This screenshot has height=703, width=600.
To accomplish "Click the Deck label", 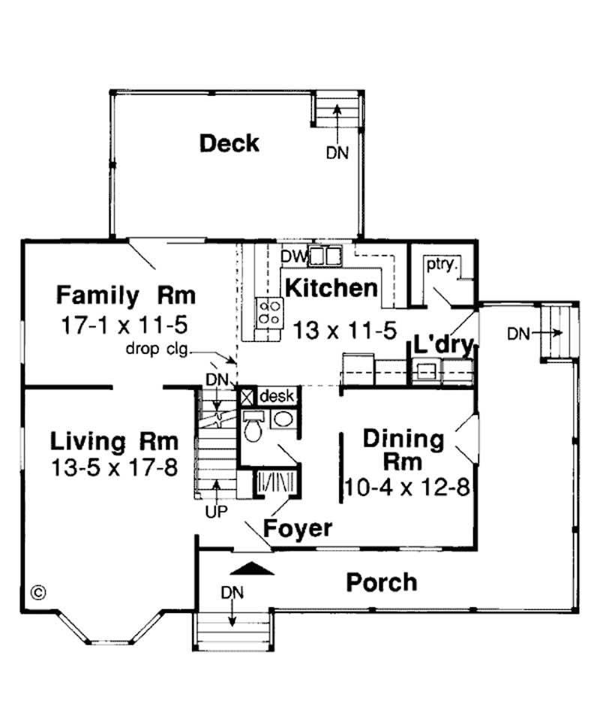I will pos(229,143).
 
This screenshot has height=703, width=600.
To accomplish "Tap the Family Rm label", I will pos(126,295).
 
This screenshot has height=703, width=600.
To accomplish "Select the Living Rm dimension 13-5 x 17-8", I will pos(115,467).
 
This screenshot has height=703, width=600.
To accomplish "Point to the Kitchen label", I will pos(330,287).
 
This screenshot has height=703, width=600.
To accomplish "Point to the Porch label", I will pos(381,581).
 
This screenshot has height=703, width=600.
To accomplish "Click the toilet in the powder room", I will pos(253,428).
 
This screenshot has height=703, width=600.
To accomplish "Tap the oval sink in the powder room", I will pos(283,419).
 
